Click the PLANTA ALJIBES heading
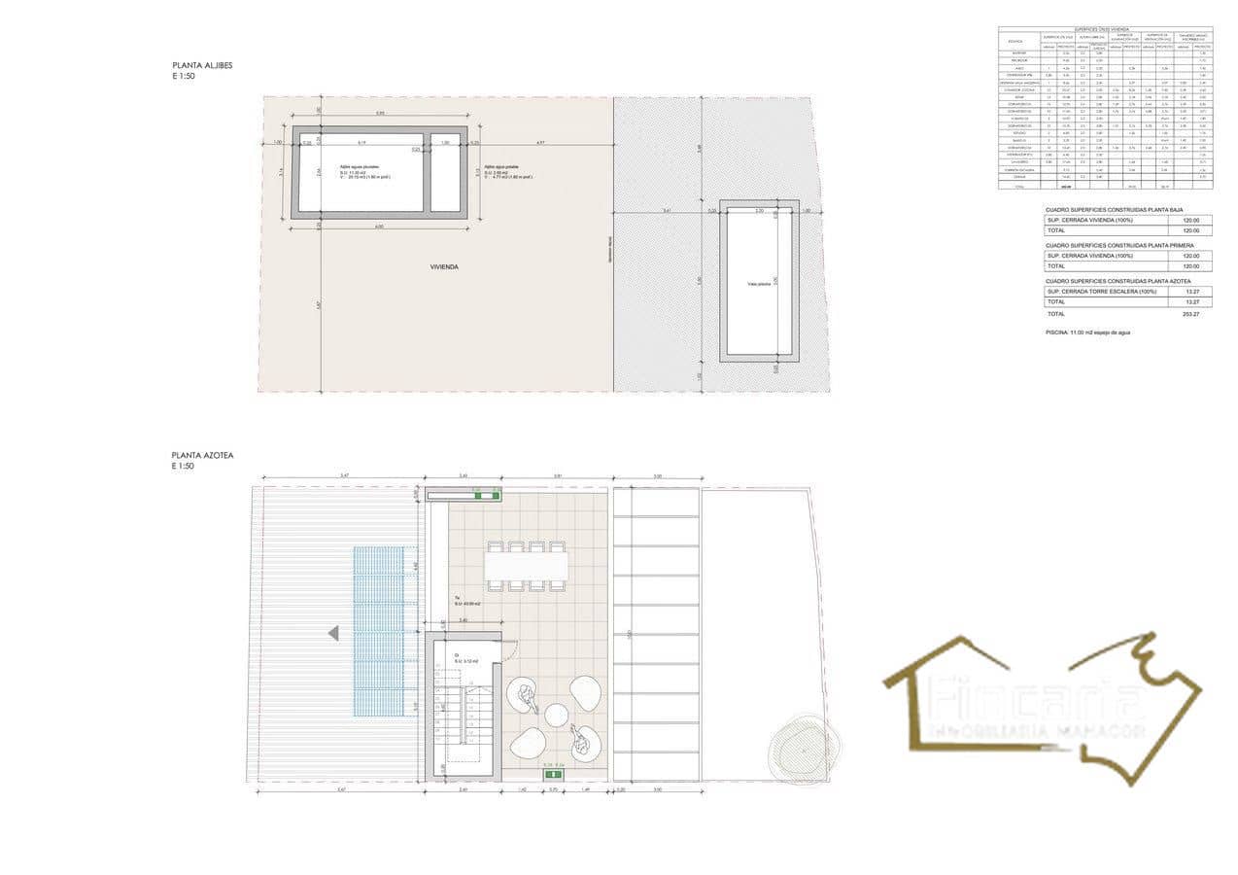point(202,65)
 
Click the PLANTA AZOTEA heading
point(202,454)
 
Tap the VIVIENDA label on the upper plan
point(444,265)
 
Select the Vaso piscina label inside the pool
point(759,284)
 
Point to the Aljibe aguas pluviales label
point(359,166)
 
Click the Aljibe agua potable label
point(502,166)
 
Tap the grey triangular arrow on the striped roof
point(333,633)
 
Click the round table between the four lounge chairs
point(556,716)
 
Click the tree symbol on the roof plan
point(803,747)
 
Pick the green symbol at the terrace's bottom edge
point(554,774)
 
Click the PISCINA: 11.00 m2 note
point(1087,332)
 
